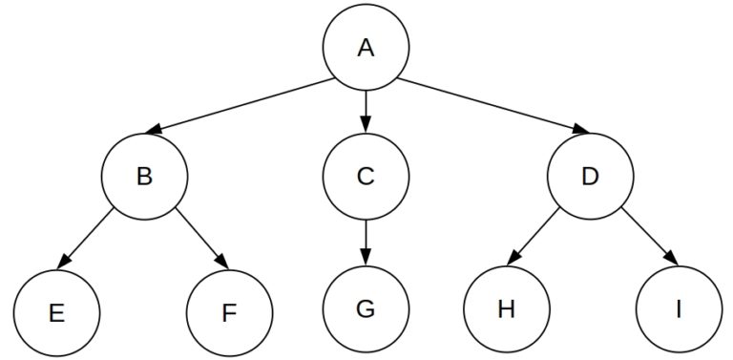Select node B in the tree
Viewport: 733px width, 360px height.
coord(145,178)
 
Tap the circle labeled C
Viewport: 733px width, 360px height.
coord(366,178)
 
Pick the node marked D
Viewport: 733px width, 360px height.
coord(590,178)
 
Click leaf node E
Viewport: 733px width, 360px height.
coord(57,311)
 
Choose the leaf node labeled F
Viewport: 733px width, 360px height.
coord(229,311)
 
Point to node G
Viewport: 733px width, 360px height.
coord(366,308)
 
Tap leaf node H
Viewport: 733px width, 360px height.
coord(507,308)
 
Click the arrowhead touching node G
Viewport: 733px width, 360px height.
coord(366,259)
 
